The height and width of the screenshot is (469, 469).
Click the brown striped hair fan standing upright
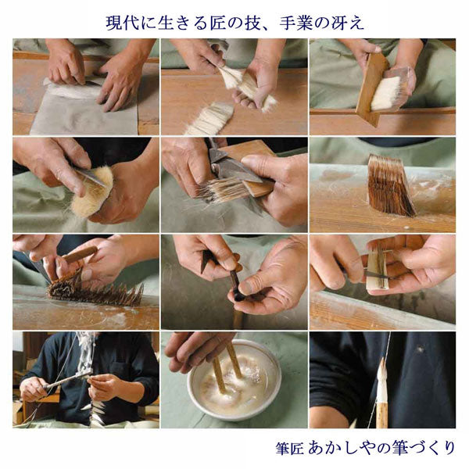391,186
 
